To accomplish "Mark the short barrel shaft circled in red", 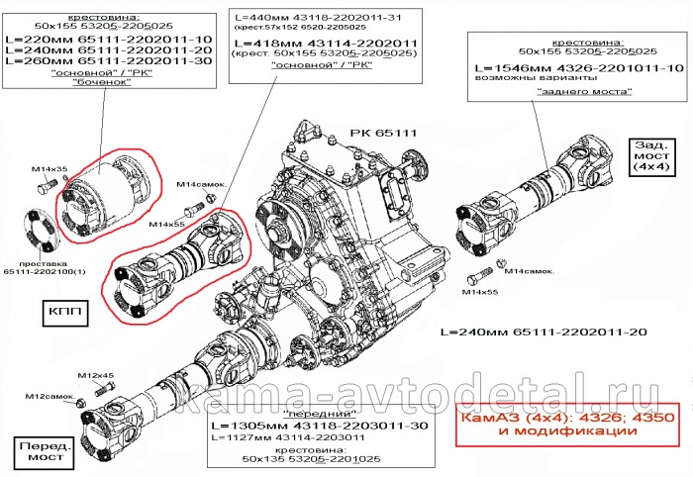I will pos(107,196).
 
